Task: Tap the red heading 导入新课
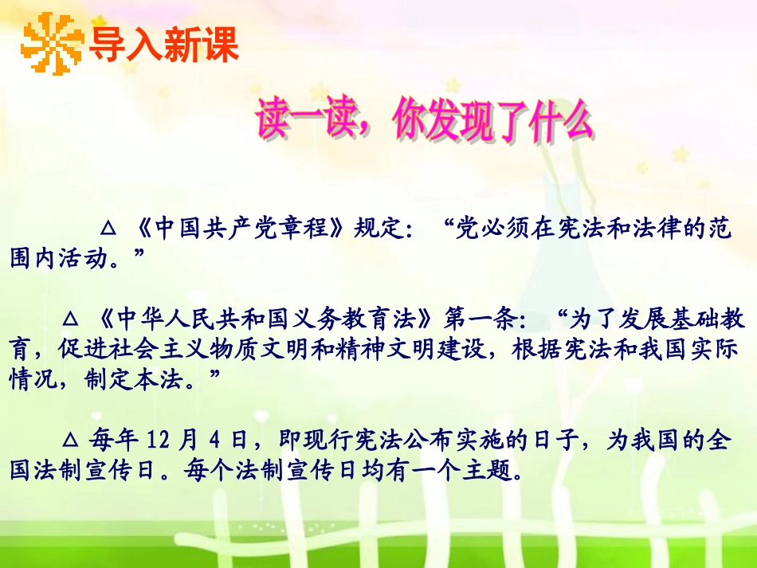[163, 45]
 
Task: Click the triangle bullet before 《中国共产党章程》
[110, 230]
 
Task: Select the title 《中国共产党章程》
[237, 229]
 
